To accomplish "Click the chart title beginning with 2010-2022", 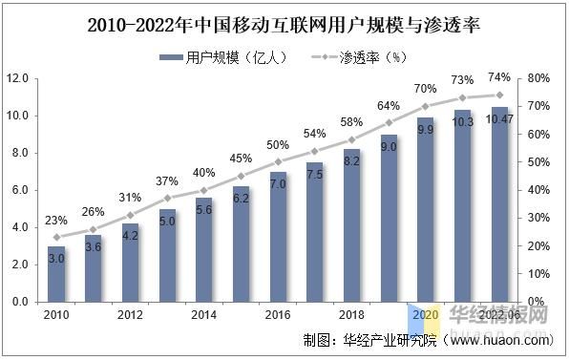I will (x=284, y=22).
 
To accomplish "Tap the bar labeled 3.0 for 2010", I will (x=56, y=274).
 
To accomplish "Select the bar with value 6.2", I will (x=241, y=244).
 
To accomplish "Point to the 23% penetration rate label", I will (x=56, y=220).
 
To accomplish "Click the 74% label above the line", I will (x=499, y=77).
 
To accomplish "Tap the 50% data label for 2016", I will (x=278, y=144).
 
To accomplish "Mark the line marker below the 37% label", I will (x=167, y=198).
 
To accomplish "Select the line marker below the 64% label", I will (x=389, y=122).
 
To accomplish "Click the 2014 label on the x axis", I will (x=203, y=315).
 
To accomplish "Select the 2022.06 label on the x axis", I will (x=499, y=315).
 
